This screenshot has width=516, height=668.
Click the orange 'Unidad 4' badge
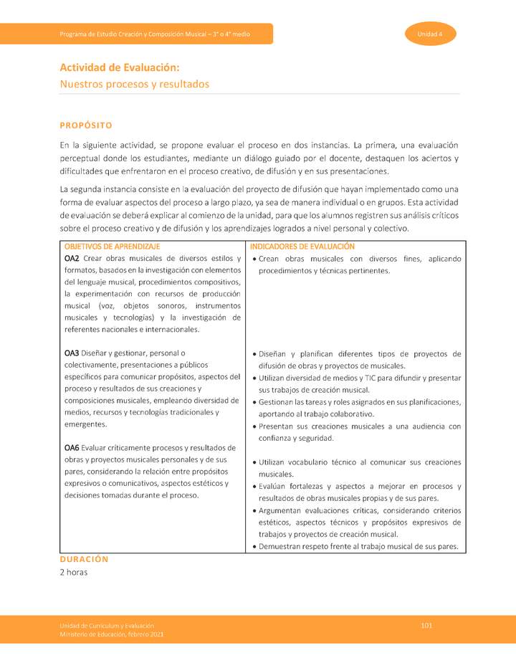pyautogui.click(x=430, y=34)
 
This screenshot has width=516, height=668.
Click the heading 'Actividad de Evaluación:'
pyautogui.click(x=119, y=67)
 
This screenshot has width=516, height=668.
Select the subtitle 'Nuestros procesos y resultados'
pyautogui.click(x=134, y=84)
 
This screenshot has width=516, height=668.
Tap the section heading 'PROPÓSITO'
pyautogui.click(x=86, y=125)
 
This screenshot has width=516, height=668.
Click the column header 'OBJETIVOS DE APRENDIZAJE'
pyautogui.click(x=112, y=247)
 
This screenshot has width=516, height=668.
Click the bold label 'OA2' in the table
pyautogui.click(x=72, y=259)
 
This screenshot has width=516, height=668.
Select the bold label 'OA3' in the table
pyautogui.click(x=72, y=353)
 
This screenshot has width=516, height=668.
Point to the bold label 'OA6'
pyautogui.click(x=72, y=448)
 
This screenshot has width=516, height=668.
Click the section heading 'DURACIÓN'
pyautogui.click(x=84, y=559)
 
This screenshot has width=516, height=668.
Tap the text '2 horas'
pyautogui.click(x=74, y=573)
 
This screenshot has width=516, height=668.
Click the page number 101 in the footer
pyautogui.click(x=426, y=626)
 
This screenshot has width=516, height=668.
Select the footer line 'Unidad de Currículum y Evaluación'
pyautogui.click(x=107, y=626)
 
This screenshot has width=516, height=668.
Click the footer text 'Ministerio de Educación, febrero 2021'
pyautogui.click(x=112, y=635)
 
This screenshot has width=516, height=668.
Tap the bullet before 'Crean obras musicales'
pyautogui.click(x=254, y=259)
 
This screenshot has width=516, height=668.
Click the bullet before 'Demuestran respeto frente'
pyautogui.click(x=254, y=547)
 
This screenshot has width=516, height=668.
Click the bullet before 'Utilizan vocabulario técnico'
pyautogui.click(x=254, y=463)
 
